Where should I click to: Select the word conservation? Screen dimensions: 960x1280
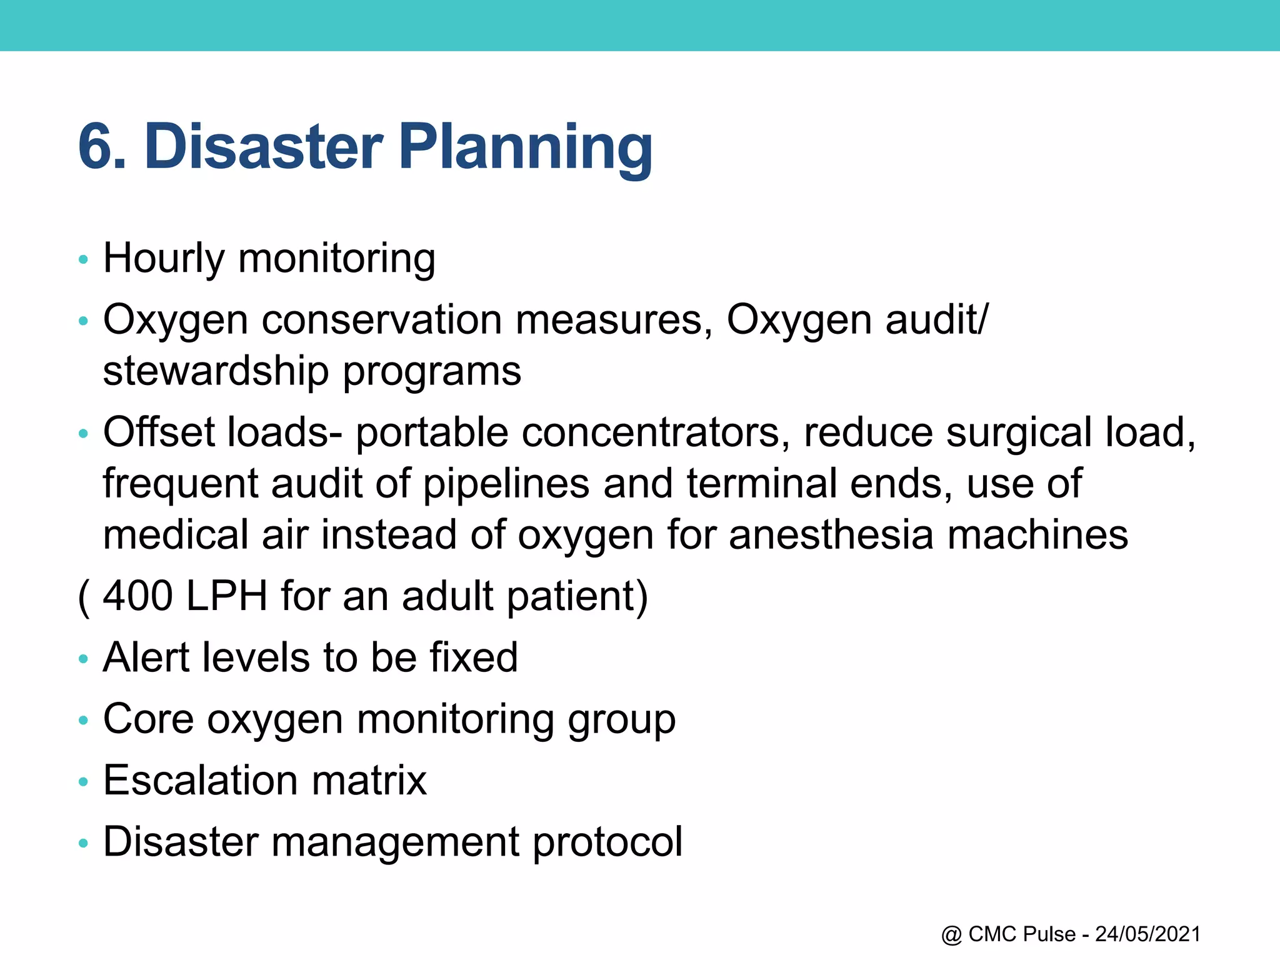(x=381, y=320)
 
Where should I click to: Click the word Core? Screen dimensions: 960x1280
(x=148, y=719)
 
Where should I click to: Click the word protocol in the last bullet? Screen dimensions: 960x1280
(x=607, y=842)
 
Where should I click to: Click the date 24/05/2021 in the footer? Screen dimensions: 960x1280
(x=1147, y=934)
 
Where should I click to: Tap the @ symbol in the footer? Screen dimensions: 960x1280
(x=951, y=935)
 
